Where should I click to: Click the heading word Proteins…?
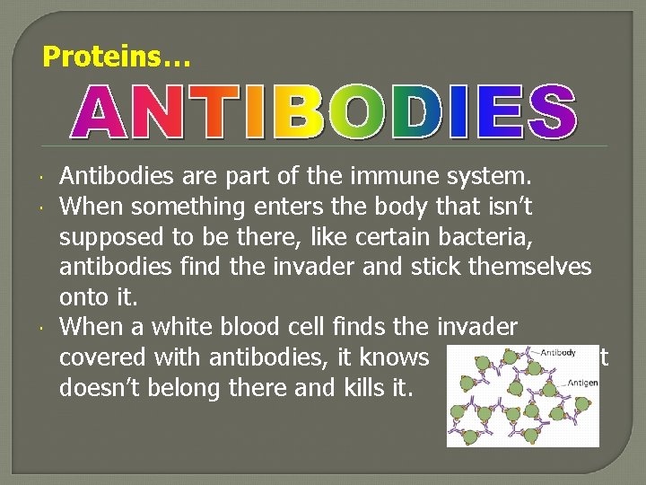117,57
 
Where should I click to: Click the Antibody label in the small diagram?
557,352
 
